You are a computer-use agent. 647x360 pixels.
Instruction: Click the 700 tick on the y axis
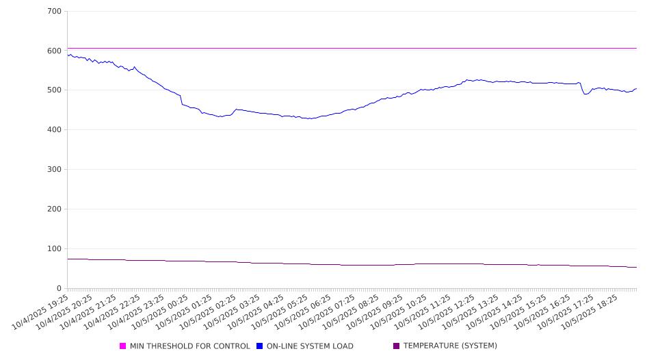coord(55,12)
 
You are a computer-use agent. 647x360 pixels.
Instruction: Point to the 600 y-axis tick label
coord(55,51)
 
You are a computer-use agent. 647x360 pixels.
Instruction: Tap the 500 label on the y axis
coord(55,90)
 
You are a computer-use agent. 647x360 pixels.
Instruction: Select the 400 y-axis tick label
coord(55,130)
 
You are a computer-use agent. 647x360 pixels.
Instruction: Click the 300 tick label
coord(55,170)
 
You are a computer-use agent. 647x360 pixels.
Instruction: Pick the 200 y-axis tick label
coord(55,209)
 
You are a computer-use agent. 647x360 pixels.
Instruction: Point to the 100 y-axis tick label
coord(55,249)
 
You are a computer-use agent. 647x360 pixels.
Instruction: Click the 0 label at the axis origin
coord(60,288)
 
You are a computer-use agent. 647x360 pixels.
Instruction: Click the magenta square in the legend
coord(123,346)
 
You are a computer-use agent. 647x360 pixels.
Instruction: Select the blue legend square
coord(260,346)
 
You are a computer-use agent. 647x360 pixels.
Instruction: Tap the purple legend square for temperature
coord(396,346)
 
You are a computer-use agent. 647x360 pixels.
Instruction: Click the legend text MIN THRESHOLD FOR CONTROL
coord(189,346)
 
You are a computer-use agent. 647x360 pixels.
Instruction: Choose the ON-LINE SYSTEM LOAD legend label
coord(310,346)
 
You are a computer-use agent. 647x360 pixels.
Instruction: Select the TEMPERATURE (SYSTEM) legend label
coord(450,346)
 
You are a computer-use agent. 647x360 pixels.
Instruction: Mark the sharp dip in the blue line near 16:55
coord(585,94)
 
